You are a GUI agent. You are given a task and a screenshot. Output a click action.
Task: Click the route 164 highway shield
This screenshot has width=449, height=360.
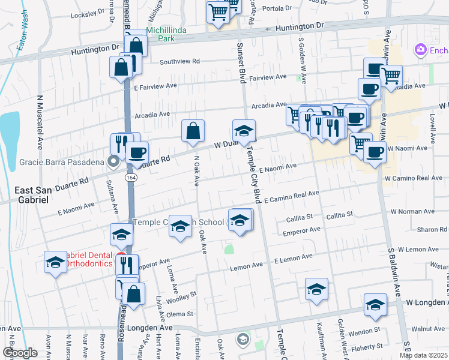(x=130, y=178)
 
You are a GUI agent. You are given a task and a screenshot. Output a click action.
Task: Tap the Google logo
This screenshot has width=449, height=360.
(x=20, y=352)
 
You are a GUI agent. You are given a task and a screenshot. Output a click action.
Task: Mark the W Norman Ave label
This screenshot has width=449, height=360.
(x=412, y=212)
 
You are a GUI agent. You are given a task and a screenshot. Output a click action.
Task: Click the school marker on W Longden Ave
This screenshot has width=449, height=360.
(x=375, y=304)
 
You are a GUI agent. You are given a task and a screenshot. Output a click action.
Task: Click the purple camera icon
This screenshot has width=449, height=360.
(x=420, y=50)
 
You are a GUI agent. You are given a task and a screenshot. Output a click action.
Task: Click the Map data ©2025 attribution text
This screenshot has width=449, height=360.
(x=423, y=355)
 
